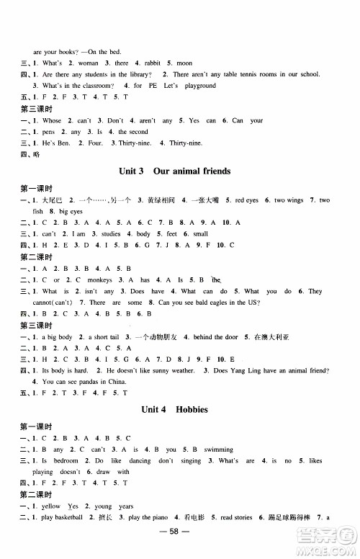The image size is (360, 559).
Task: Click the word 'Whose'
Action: pyautogui.click(x=53, y=120)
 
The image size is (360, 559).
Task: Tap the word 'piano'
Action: pyautogui.click(x=158, y=518)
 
